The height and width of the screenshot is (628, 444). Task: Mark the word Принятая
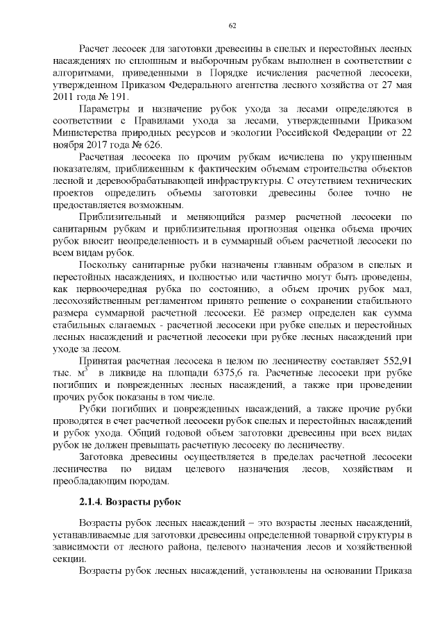[105, 362]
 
